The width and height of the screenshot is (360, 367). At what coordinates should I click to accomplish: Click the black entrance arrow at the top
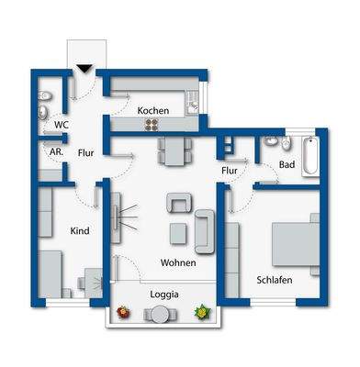[x=84, y=67]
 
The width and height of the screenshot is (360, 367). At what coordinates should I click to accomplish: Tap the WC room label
[x=62, y=124]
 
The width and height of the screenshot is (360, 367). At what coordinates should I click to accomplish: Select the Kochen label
[x=153, y=111]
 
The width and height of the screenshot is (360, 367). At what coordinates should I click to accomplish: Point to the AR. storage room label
[x=55, y=152]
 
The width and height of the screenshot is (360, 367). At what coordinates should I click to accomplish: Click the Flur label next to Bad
[x=230, y=170]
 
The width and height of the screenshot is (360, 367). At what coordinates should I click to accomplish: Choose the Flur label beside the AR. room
[x=86, y=153]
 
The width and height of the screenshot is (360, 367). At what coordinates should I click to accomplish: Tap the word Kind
[x=80, y=230]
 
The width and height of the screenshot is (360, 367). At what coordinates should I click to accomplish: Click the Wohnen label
[x=178, y=263]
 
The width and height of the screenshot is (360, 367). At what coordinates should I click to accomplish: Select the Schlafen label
[x=275, y=279]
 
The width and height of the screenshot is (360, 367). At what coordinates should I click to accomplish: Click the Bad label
[x=287, y=165]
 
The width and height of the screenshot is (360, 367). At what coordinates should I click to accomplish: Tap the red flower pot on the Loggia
[x=122, y=314]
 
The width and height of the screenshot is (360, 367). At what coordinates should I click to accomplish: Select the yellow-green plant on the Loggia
[x=201, y=313]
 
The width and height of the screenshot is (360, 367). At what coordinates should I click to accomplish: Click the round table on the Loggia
[x=162, y=315]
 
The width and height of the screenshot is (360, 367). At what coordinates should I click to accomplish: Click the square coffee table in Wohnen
[x=177, y=232]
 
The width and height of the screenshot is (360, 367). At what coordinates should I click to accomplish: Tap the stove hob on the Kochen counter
[x=194, y=102]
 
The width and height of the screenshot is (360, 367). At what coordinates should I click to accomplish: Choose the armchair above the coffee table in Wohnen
[x=178, y=203]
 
